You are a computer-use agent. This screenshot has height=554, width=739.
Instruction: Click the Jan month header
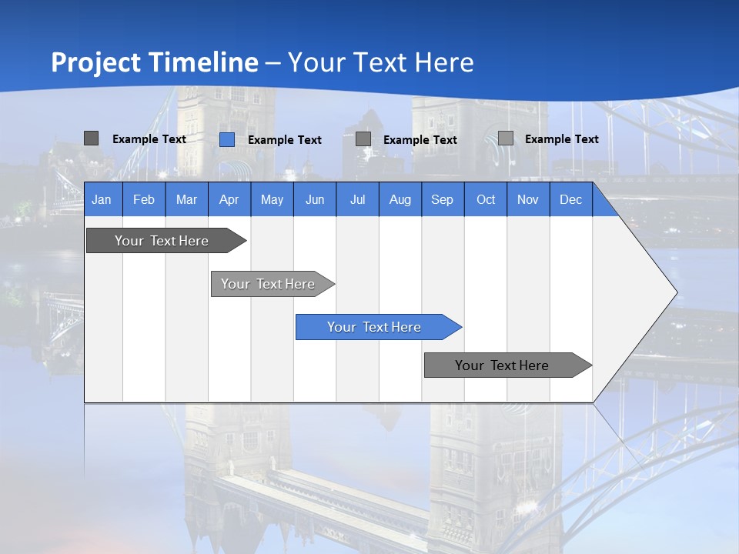tap(102, 199)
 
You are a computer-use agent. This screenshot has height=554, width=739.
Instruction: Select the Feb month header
tap(144, 199)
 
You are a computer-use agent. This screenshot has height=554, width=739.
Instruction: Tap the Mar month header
tap(186, 199)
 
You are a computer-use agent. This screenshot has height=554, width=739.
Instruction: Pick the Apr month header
tap(229, 199)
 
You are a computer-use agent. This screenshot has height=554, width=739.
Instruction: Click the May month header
tap(272, 199)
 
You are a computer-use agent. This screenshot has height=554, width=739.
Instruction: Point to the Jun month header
tap(315, 199)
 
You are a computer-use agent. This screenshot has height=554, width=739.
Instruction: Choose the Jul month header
tap(357, 199)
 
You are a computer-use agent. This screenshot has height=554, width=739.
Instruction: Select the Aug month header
tap(400, 199)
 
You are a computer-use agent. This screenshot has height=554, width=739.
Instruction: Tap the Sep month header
tap(442, 199)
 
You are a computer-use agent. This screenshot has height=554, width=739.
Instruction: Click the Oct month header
tap(486, 199)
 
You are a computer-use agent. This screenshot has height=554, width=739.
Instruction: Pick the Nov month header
tap(528, 199)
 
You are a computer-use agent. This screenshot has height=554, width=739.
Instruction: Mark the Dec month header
tap(570, 199)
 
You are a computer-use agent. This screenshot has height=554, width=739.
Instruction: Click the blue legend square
tap(227, 139)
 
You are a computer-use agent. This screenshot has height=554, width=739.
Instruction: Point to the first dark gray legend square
tap(92, 138)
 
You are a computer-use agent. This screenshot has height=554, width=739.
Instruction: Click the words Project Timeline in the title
tap(155, 62)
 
